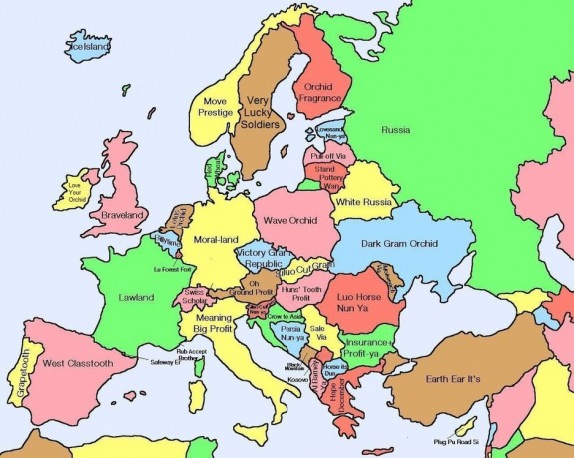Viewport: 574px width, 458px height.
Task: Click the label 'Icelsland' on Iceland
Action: tap(89, 46)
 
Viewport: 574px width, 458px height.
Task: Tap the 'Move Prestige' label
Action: tap(214, 107)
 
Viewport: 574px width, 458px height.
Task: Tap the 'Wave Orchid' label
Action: tap(290, 219)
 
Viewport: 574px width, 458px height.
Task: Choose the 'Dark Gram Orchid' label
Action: tap(400, 243)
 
